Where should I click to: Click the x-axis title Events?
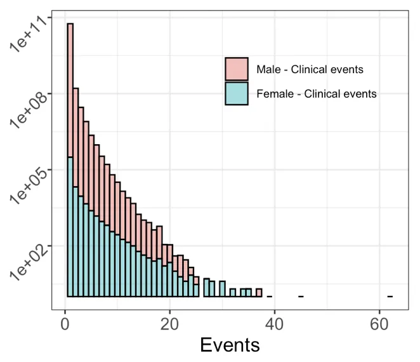(230, 344)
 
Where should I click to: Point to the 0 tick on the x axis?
(65, 322)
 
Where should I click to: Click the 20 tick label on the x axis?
(169, 322)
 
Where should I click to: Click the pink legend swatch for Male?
(237, 69)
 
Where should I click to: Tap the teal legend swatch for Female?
(237, 93)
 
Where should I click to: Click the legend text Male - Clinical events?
(310, 69)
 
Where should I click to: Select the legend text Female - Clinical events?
(317, 94)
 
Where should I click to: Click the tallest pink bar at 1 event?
(70, 89)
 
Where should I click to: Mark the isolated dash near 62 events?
(390, 296)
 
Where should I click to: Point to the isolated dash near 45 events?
(301, 296)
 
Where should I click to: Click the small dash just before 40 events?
(270, 296)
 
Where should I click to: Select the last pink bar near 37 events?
(259, 293)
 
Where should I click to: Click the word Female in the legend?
(272, 94)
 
